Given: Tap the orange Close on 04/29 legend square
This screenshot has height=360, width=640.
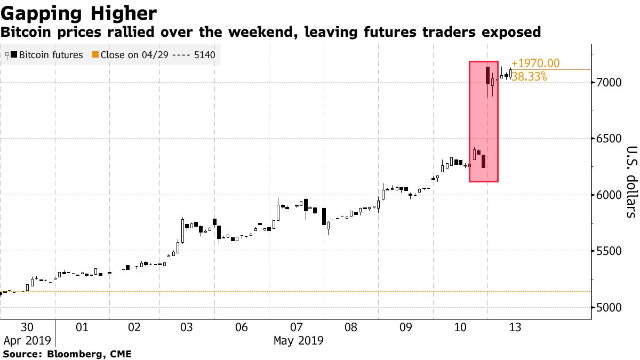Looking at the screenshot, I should point(95,55).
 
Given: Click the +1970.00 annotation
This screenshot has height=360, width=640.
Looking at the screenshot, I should point(535,63).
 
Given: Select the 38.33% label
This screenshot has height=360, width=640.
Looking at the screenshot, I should point(529,77).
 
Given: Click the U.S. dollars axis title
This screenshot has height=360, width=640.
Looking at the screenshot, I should point(631,182).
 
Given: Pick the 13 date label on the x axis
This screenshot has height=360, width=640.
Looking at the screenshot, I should point(515,327).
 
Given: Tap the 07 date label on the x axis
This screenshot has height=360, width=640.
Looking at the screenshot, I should point(297,327).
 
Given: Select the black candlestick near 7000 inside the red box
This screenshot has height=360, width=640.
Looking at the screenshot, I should point(487,75).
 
